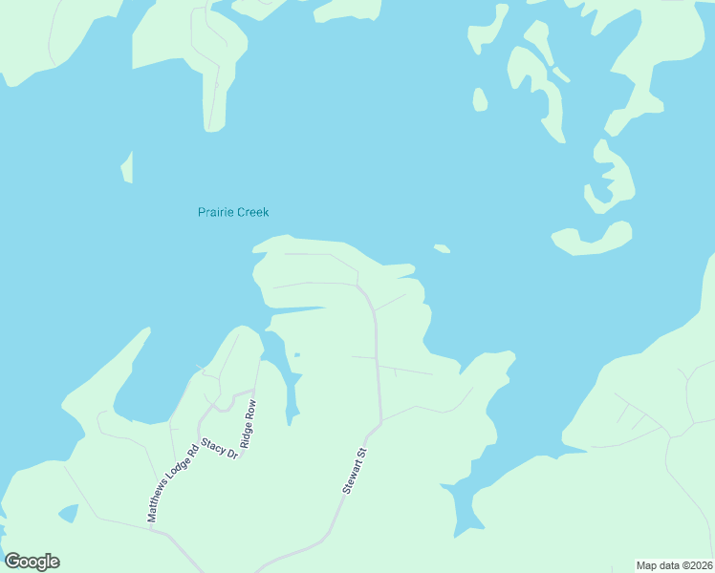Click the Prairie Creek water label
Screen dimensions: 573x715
tap(232, 212)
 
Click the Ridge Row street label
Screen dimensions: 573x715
tap(250, 424)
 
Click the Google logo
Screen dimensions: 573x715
tap(32, 562)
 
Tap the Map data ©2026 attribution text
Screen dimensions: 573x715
tap(674, 564)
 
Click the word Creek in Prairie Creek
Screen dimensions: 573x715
tap(252, 212)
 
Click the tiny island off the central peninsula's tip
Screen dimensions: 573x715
tap(442, 249)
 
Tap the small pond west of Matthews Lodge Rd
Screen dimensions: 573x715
tap(68, 514)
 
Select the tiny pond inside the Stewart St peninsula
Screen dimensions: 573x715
tap(297, 355)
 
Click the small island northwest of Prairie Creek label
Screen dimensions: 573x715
tap(126, 167)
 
